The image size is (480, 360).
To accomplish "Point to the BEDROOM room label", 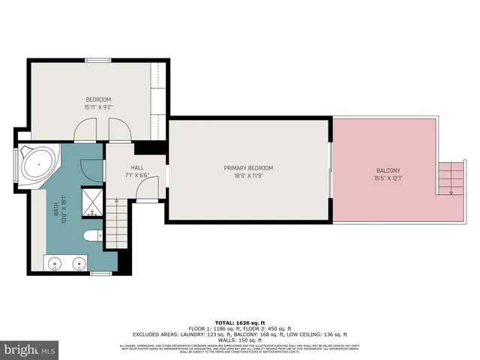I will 98,100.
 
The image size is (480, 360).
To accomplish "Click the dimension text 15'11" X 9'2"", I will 98,108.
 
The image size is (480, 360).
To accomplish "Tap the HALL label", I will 136,168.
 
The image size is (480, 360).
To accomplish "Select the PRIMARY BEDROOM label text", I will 248,167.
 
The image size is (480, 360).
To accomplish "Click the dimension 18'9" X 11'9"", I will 248,176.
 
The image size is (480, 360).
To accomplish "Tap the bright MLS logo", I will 30,349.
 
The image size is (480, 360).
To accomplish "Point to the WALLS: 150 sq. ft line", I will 239,340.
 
